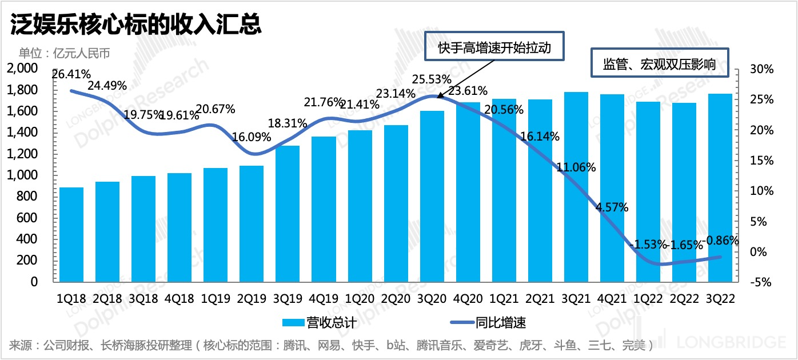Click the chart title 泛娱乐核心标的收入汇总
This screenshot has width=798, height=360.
pos(135,25)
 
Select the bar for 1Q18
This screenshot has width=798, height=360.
pos(71,234)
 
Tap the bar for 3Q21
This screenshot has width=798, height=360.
pos(576,187)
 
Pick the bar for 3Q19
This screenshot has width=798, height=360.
pos(288,214)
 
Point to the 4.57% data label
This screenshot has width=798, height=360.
pos(612,207)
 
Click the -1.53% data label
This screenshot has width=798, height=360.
pos(648,245)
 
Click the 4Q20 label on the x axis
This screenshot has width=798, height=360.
pos(468,298)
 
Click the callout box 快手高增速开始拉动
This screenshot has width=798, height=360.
pos(494,47)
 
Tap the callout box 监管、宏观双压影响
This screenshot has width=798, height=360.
pos(659,63)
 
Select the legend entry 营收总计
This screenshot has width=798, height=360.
pos(320,322)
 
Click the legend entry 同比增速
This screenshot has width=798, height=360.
pos(492,322)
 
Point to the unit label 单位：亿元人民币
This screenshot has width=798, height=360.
pos(64,54)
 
